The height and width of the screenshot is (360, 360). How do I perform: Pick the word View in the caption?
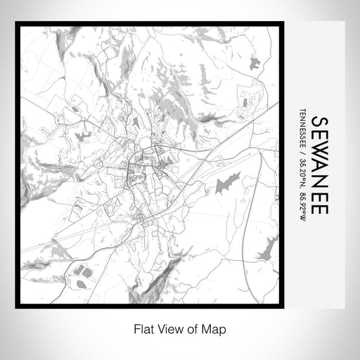(x=166, y=328)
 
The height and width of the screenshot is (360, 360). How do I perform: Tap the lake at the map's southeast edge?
(x=267, y=247)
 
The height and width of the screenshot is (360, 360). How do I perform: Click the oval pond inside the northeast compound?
(x=245, y=103)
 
